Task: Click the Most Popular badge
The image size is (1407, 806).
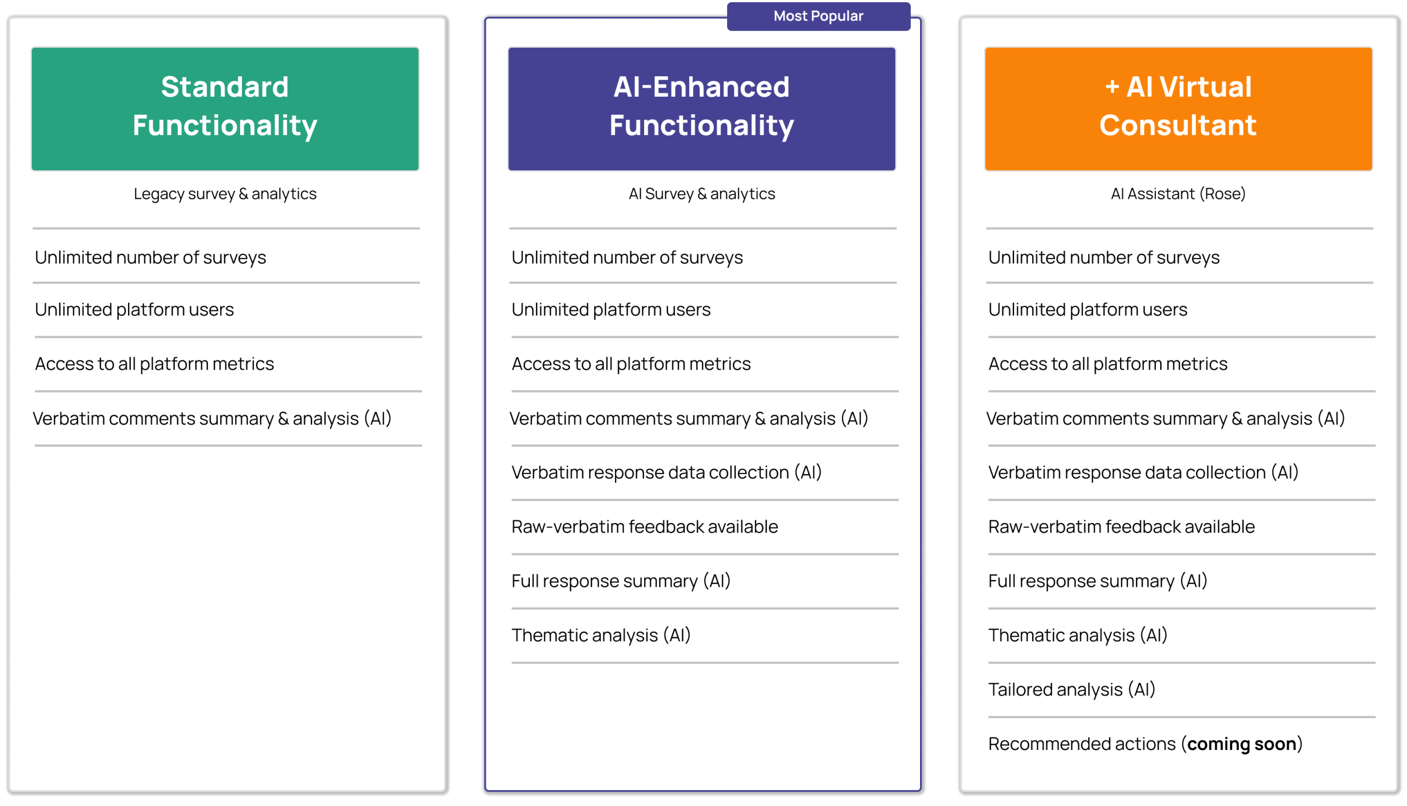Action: click(x=818, y=16)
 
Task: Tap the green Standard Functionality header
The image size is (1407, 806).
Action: click(x=225, y=108)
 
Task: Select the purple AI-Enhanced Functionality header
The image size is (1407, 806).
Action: click(x=701, y=108)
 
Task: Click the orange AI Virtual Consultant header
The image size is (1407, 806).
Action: click(x=1178, y=108)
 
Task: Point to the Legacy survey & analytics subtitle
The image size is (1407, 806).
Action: click(x=225, y=194)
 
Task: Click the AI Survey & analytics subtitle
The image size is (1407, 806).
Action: click(x=701, y=194)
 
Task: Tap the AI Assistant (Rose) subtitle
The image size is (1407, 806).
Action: click(x=1178, y=194)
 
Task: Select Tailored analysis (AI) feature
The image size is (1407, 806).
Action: click(x=1071, y=690)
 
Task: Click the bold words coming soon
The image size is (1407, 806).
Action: click(x=1242, y=744)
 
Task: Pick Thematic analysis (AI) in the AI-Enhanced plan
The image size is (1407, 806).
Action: click(x=601, y=636)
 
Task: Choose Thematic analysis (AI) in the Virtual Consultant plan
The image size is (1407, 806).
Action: click(x=1078, y=636)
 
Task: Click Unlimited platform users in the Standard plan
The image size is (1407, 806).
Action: click(x=135, y=309)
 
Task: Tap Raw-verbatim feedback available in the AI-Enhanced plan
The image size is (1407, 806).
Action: click(x=645, y=526)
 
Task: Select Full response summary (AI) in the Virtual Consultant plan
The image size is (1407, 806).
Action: click(x=1098, y=581)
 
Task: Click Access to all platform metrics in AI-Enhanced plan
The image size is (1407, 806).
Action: click(x=631, y=364)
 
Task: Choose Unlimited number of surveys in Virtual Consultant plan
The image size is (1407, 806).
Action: click(x=1104, y=258)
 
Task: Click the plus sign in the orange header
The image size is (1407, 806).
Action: click(x=1112, y=87)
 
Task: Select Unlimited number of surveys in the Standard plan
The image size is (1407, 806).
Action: click(x=150, y=258)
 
